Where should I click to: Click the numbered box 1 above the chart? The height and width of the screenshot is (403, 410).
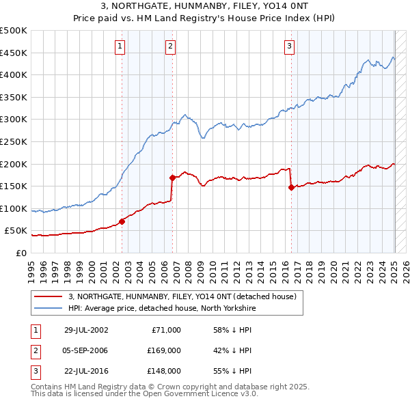120,46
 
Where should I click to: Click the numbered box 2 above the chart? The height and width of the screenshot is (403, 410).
170,46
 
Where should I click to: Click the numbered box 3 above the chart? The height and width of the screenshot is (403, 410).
290,46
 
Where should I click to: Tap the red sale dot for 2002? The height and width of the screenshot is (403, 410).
122,221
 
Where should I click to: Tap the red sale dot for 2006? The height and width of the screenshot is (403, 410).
172,178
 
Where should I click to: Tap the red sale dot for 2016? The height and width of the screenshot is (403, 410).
292,187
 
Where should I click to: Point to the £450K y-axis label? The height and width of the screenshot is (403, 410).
14,53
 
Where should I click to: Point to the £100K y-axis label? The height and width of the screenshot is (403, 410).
14,208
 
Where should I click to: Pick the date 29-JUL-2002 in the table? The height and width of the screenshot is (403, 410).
86,330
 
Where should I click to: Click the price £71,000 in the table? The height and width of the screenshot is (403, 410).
165,330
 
